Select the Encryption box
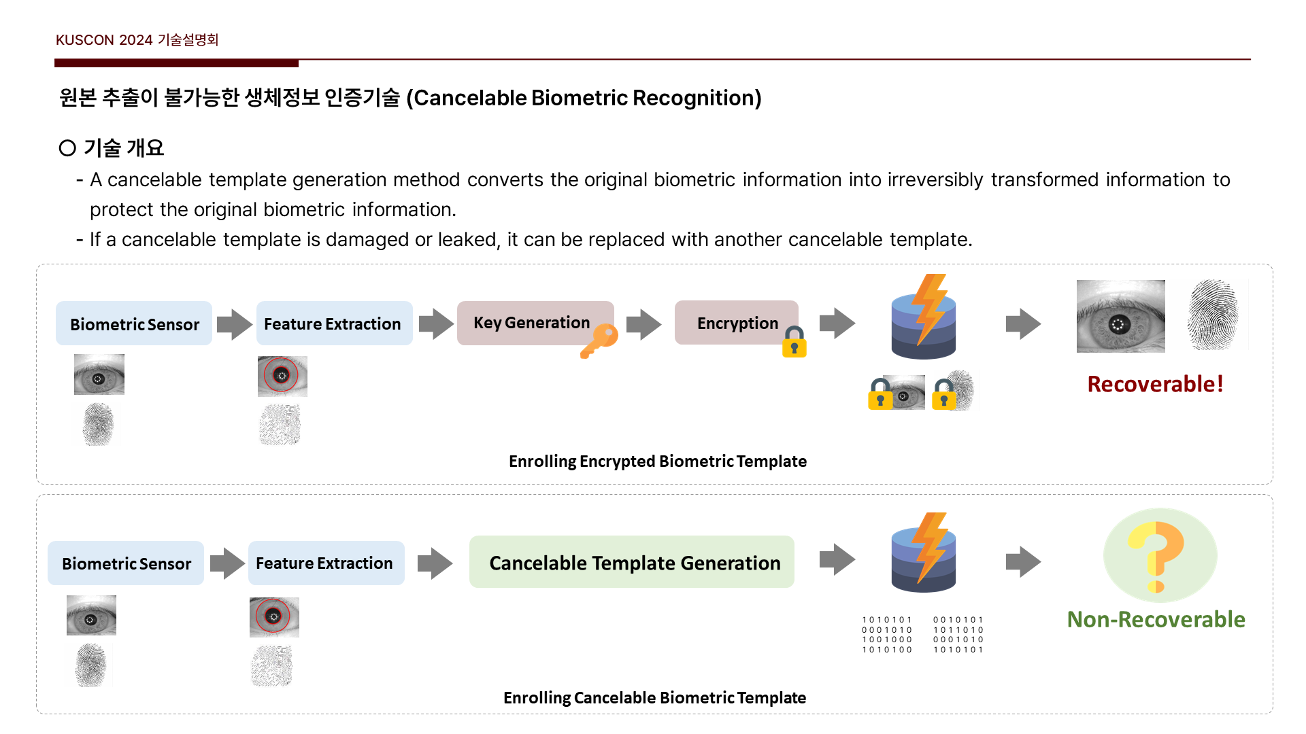(x=736, y=323)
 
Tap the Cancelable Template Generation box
(x=631, y=562)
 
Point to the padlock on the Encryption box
(x=794, y=342)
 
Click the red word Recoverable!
(x=1155, y=384)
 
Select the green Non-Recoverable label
(x=1156, y=619)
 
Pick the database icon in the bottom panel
(x=924, y=553)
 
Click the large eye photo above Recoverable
(x=1120, y=316)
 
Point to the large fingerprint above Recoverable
(x=1213, y=315)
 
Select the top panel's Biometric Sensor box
(x=134, y=324)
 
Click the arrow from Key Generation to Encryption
(x=643, y=324)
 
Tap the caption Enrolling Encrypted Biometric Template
(x=657, y=461)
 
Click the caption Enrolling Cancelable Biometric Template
(x=654, y=698)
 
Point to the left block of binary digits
(x=887, y=635)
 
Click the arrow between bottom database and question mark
(x=1023, y=562)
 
